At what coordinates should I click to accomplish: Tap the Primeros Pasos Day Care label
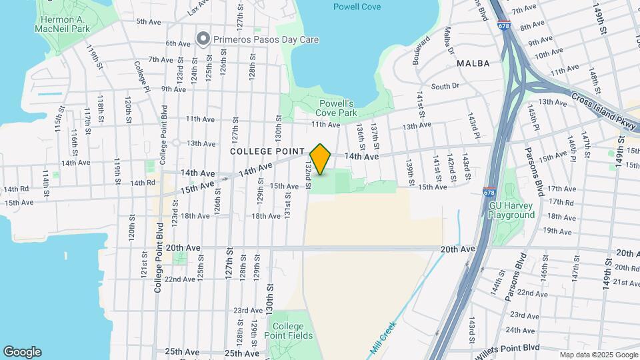pyautogui.click(x=266, y=39)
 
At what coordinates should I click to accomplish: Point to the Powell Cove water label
pyautogui.click(x=357, y=7)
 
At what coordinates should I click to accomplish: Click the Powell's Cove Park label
pyautogui.click(x=337, y=108)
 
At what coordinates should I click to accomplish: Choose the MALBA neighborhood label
pyautogui.click(x=473, y=63)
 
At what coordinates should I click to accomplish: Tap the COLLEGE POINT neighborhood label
pyautogui.click(x=267, y=152)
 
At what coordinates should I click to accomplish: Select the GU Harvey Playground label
pyautogui.click(x=512, y=210)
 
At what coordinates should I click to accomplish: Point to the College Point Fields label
pyautogui.click(x=289, y=331)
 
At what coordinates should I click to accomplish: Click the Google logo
pyautogui.click(x=22, y=352)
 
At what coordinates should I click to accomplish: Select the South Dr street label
pyautogui.click(x=445, y=86)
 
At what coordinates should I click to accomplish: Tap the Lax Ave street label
pyautogui.click(x=198, y=8)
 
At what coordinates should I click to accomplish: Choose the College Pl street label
pyautogui.click(x=140, y=73)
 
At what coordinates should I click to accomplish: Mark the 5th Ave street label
pyautogui.click(x=149, y=22)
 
